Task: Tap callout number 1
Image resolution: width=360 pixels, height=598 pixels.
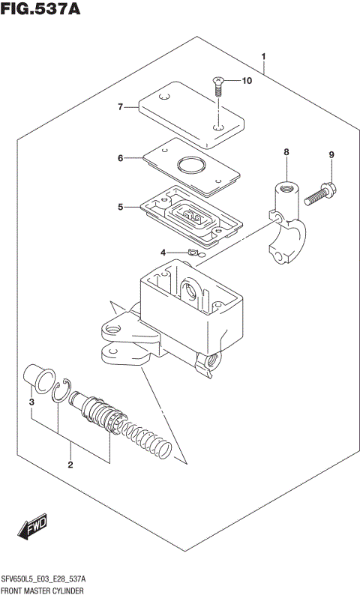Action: pos(264,56)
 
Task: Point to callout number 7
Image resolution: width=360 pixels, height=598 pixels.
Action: pos(118,107)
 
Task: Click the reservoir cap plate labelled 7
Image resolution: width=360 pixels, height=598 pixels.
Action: pos(190,115)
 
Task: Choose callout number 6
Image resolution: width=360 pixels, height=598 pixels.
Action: pos(119,158)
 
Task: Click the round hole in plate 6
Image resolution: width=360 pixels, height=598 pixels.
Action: pos(190,166)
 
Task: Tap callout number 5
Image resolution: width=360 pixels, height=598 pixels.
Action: pos(119,206)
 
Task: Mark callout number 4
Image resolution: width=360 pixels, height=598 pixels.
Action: pos(163,253)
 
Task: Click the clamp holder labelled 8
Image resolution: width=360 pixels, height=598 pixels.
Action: pos(284,225)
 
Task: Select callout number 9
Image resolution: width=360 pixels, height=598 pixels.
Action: pos(330,155)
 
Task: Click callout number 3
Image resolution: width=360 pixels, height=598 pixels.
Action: pos(31,404)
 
